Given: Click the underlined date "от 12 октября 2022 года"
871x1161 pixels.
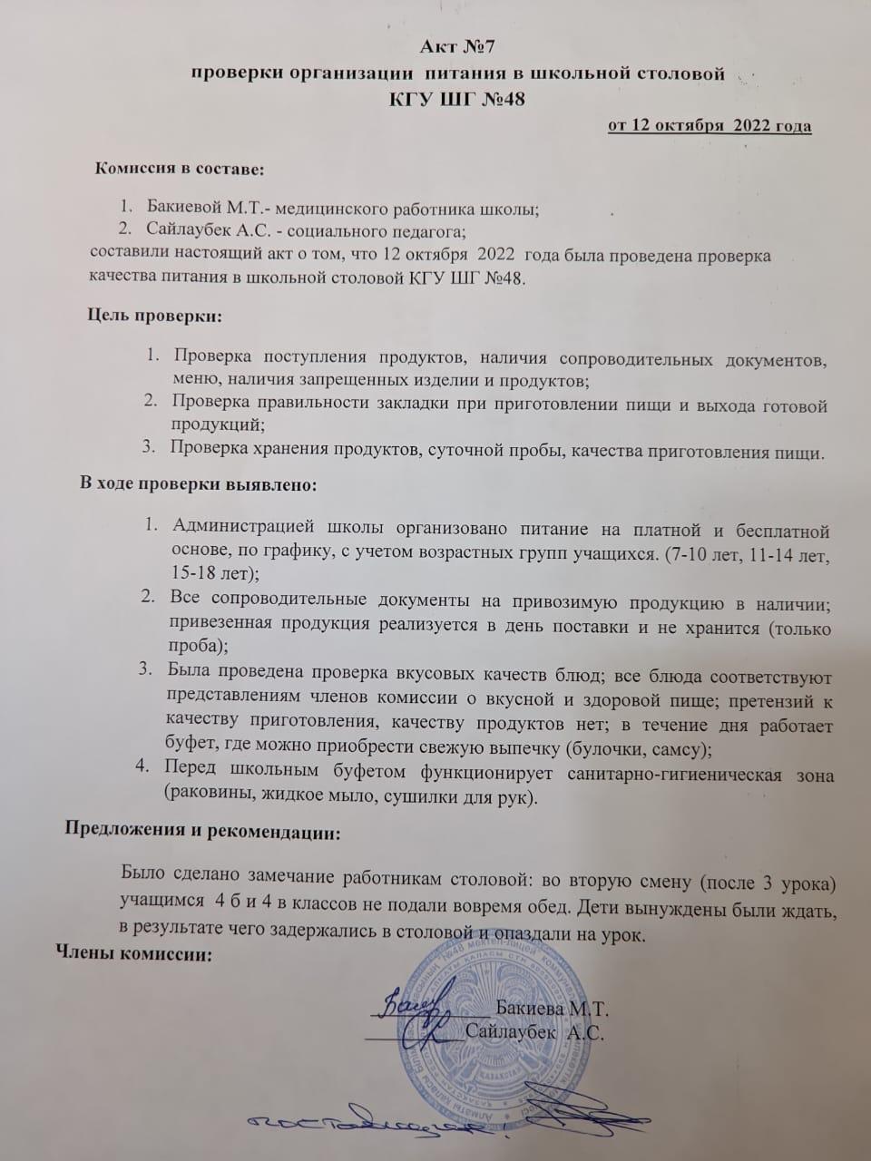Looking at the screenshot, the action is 709,125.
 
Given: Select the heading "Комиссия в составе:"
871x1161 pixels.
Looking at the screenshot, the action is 181,168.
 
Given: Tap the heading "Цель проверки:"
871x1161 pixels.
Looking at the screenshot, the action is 154,316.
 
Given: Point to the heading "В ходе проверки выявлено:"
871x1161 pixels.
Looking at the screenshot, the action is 199,484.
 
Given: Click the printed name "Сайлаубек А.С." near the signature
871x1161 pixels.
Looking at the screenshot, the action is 535,1032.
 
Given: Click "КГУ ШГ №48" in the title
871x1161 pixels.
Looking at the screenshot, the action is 456,99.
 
